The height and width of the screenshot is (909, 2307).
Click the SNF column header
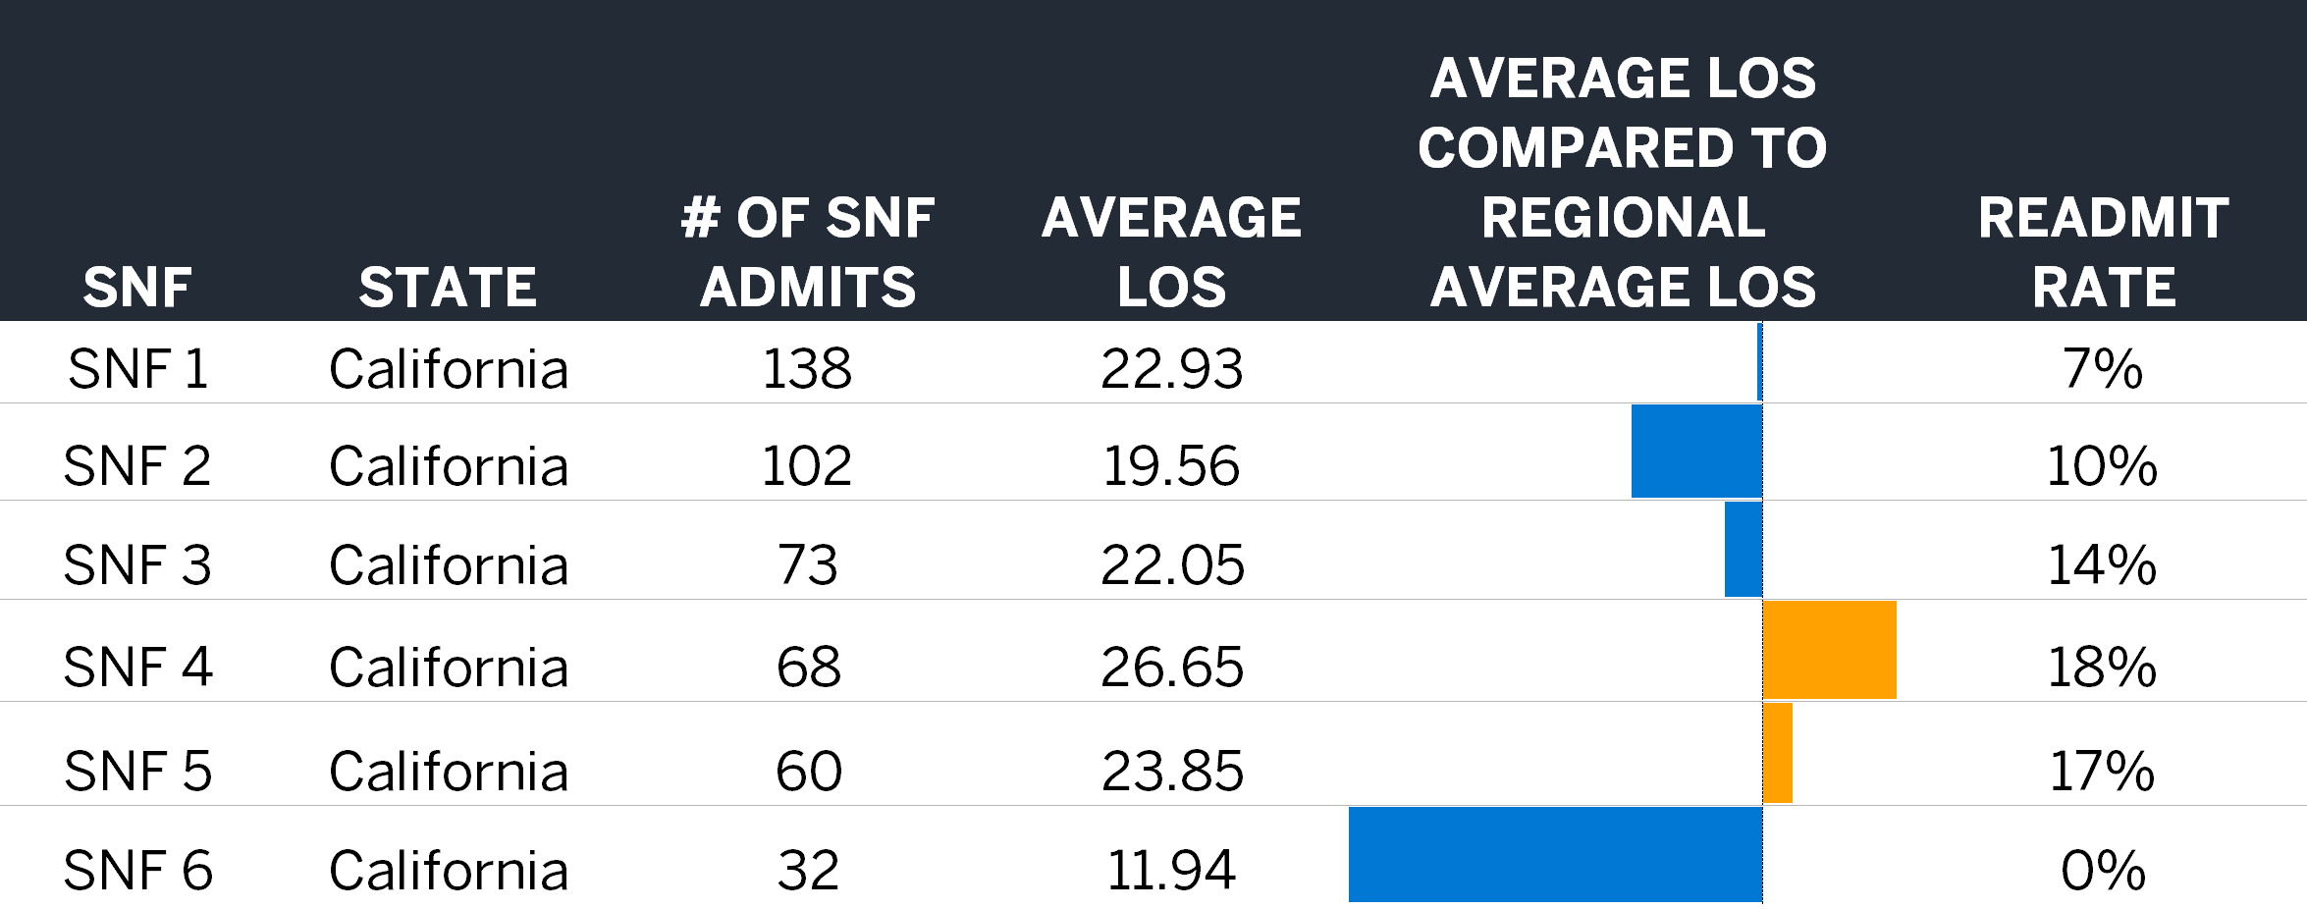point(136,288)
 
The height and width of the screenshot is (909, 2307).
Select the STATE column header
point(448,288)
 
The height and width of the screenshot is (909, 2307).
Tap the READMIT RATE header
point(2103,252)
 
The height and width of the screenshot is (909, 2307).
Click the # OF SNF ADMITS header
point(807,252)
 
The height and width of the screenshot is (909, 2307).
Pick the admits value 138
point(807,370)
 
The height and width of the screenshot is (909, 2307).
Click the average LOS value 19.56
point(1171,466)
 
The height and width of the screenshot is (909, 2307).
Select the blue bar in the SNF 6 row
point(1555,854)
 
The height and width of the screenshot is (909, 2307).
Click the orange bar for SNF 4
point(1829,650)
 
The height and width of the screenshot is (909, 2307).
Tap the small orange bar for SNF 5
point(1778,753)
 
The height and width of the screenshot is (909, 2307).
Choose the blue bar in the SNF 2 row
point(1696,452)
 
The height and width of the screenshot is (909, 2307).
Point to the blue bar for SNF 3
point(1744,550)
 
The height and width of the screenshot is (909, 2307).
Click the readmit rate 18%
point(2102,668)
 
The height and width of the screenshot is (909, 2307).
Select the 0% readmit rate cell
point(2103,871)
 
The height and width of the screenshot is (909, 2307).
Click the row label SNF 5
point(137,772)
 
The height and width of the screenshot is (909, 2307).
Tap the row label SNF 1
point(137,370)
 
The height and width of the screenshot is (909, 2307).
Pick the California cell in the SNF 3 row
point(449,566)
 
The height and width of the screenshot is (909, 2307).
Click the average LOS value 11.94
point(1171,871)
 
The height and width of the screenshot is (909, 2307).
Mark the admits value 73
point(807,566)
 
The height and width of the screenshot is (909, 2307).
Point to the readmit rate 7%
point(2102,370)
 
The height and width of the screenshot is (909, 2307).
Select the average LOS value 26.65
point(1172,668)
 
